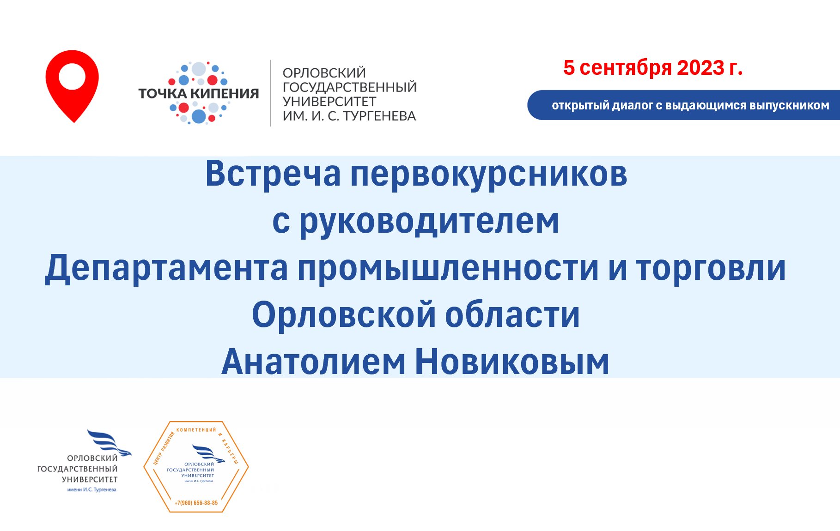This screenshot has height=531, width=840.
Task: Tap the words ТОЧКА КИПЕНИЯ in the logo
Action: click(x=199, y=94)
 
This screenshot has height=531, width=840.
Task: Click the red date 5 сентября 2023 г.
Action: click(x=653, y=68)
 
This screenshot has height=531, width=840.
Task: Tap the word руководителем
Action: click(x=429, y=223)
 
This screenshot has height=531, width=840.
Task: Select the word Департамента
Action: click(x=166, y=269)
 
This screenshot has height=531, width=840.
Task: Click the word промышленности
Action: click(x=448, y=269)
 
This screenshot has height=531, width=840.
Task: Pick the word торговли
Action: click(x=711, y=269)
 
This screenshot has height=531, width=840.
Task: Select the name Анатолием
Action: click(x=313, y=362)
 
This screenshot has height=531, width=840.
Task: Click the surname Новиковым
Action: click(x=512, y=362)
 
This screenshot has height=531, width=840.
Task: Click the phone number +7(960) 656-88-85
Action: click(x=196, y=503)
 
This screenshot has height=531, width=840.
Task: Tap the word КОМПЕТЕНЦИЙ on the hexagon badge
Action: click(x=196, y=430)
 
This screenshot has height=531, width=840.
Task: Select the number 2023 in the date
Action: click(x=701, y=68)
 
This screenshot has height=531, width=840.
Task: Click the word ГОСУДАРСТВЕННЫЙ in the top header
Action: click(x=349, y=87)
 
